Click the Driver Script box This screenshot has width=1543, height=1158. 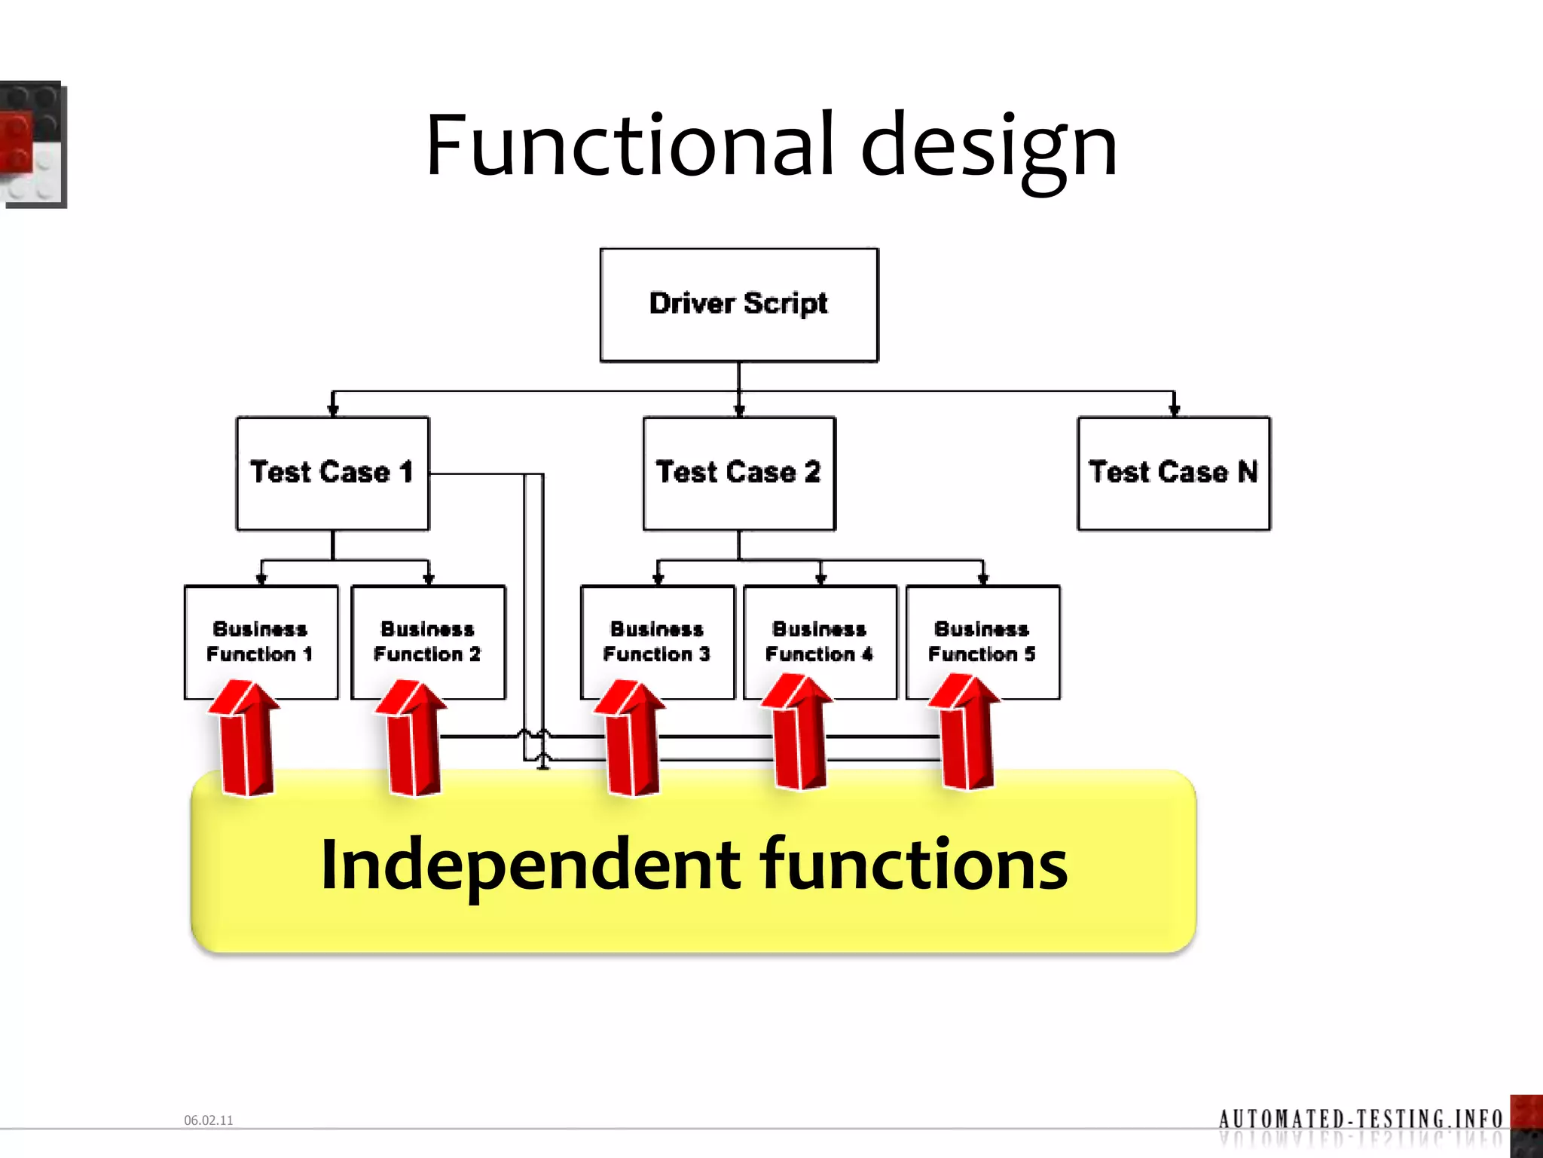pos(738,305)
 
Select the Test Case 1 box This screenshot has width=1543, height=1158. pos(332,473)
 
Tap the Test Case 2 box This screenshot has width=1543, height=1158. pos(738,473)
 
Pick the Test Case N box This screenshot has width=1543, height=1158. pos(1173,473)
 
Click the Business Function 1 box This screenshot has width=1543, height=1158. pos(261,641)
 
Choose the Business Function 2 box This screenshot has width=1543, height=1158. pos(428,641)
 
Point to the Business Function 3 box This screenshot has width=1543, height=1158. pos(657,641)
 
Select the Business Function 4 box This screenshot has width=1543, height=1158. pos(820,641)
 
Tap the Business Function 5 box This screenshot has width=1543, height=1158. pos(982,641)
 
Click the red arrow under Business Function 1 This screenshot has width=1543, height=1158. pos(246,743)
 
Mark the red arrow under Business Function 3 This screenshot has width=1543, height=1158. pos(631,743)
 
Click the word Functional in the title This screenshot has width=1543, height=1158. pos(629,145)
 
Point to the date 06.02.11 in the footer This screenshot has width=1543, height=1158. pos(209,1120)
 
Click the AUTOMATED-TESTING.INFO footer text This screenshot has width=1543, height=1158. pos(1360,1117)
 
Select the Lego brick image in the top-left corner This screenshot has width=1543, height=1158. pos(32,143)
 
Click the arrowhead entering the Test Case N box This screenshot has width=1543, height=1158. pos(1174,410)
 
